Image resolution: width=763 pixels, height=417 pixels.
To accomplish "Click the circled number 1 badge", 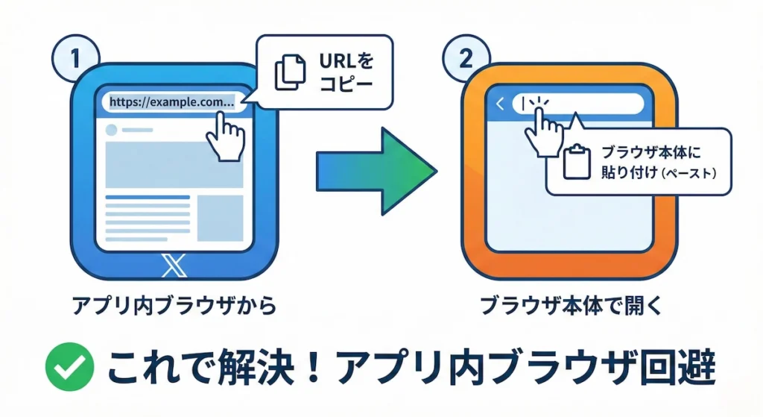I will point(75,59).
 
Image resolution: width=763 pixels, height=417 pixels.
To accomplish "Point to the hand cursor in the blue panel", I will point(226,134).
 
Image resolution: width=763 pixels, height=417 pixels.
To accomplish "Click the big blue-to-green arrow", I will point(376,172).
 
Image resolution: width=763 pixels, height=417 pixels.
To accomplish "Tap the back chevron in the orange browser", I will point(500,104).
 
